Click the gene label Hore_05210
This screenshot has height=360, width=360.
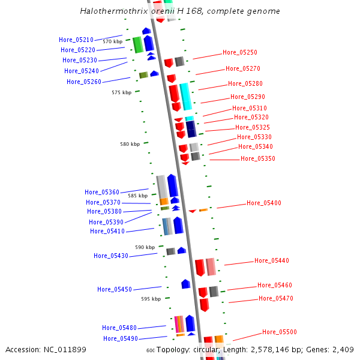(76, 40)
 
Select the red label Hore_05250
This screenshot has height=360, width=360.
(239, 53)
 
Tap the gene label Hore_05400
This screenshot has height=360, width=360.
(263, 203)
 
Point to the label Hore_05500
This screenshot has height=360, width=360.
(279, 332)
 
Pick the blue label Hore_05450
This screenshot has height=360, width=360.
(114, 290)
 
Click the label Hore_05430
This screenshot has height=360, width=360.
(110, 256)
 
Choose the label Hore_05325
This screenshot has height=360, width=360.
(252, 127)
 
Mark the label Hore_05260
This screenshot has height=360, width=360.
(83, 82)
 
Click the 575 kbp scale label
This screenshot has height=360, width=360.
(121, 92)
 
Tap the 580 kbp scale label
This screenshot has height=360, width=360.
(130, 144)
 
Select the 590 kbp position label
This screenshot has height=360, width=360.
(145, 247)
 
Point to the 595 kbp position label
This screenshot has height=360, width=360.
(151, 299)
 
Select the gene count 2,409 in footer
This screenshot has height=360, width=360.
(342, 350)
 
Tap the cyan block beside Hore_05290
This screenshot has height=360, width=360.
(185, 96)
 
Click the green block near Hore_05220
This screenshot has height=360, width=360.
(137, 44)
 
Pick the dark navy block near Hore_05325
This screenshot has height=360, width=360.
(191, 129)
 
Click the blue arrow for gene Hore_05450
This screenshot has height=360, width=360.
(186, 284)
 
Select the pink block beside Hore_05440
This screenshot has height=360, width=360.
(211, 266)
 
